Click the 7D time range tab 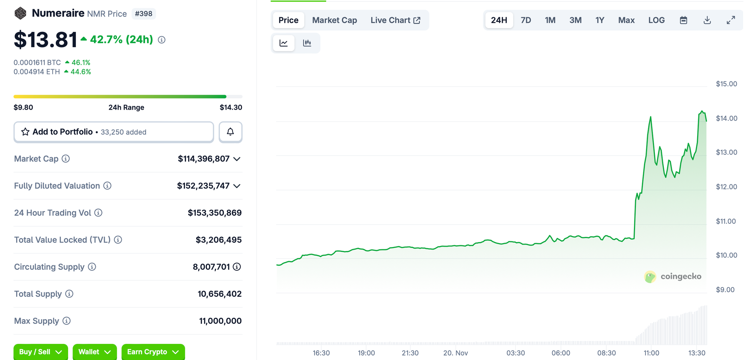coord(526,20)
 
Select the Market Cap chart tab coord(334,20)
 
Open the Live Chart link coord(395,20)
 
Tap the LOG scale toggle coord(656,20)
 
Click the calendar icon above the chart coord(683,20)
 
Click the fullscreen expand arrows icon coord(731,20)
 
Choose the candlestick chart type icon coord(307,43)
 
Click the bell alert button coord(230,132)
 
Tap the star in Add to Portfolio coord(25,132)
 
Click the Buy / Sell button coord(40,352)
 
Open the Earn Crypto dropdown coord(153,352)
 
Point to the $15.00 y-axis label coord(726,84)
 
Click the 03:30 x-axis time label coord(515,353)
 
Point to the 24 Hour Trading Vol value coord(214,213)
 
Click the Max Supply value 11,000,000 coord(220,321)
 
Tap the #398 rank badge coord(144,14)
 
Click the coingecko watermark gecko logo coord(650,277)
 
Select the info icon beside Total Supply coord(69,294)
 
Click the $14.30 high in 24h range coord(231,107)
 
